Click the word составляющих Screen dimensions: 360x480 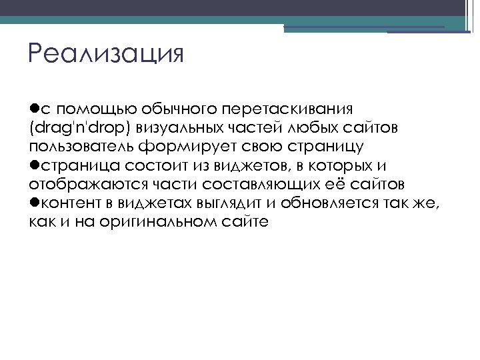point(237,184)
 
